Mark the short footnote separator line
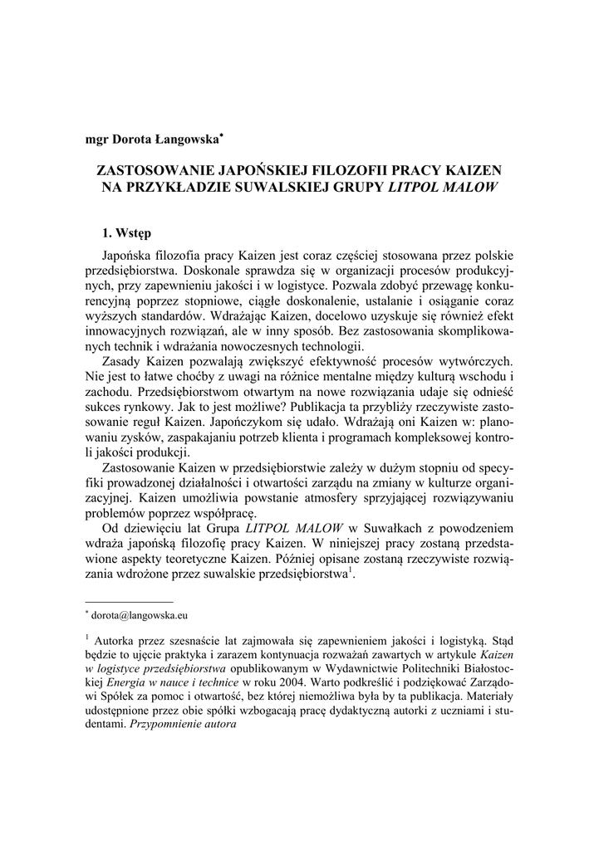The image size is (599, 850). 130,600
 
